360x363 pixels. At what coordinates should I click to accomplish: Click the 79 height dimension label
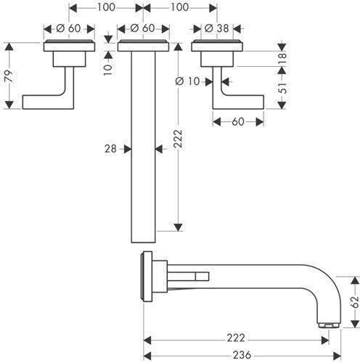pos(9,76)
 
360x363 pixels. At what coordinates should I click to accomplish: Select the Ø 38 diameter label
pos(216,28)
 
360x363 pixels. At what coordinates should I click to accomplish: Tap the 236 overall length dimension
pos(242,355)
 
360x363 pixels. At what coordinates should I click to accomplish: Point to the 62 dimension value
pos(355,302)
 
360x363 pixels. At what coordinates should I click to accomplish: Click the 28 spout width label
pos(110,149)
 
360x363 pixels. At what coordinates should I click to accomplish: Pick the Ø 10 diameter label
pos(187,81)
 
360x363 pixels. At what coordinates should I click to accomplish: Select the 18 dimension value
pos(282,58)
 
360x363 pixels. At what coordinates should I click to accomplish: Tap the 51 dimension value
pos(282,88)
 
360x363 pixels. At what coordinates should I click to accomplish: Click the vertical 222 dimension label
pos(178,139)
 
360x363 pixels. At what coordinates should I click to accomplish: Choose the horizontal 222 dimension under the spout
pos(236,338)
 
